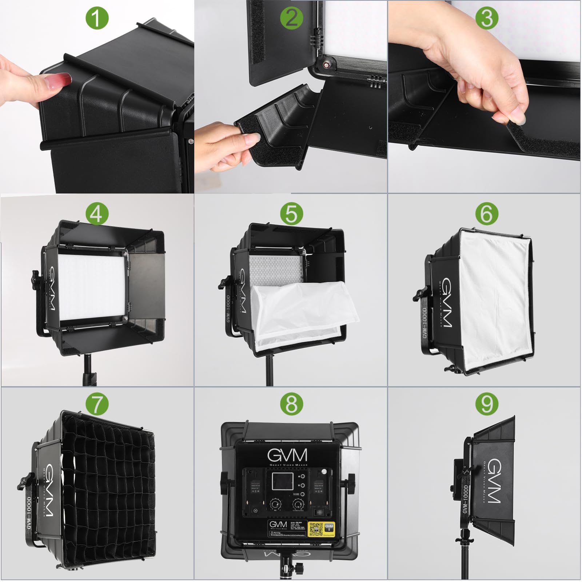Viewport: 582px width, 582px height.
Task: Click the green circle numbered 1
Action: point(97,18)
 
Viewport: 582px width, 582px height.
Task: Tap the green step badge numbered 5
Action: point(292,214)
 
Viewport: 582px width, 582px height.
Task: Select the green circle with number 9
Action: point(487,404)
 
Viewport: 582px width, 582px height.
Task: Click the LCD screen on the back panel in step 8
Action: point(283,481)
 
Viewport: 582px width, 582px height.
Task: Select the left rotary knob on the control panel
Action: point(275,505)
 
